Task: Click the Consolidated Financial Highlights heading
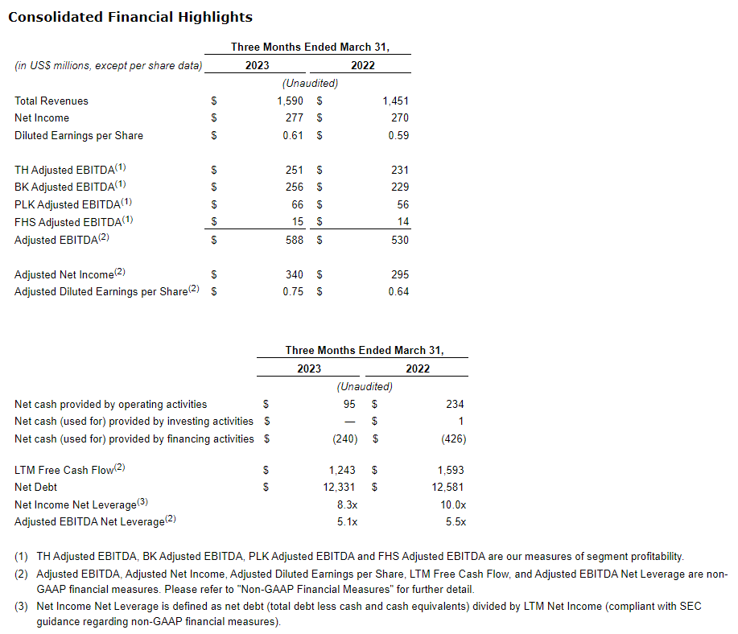point(130,17)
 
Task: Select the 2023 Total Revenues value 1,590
point(290,101)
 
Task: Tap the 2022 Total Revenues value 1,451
point(396,101)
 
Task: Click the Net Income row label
point(42,118)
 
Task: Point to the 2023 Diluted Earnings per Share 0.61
point(293,135)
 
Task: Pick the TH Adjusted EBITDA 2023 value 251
point(295,170)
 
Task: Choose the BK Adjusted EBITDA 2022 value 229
point(400,187)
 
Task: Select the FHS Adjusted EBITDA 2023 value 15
point(297,222)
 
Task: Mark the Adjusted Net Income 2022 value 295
point(400,274)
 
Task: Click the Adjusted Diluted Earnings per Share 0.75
point(293,292)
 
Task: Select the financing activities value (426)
point(453,438)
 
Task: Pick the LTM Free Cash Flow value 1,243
point(342,470)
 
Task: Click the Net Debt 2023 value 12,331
point(340,487)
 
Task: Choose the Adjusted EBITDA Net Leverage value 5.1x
point(348,521)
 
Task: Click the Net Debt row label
point(36,487)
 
